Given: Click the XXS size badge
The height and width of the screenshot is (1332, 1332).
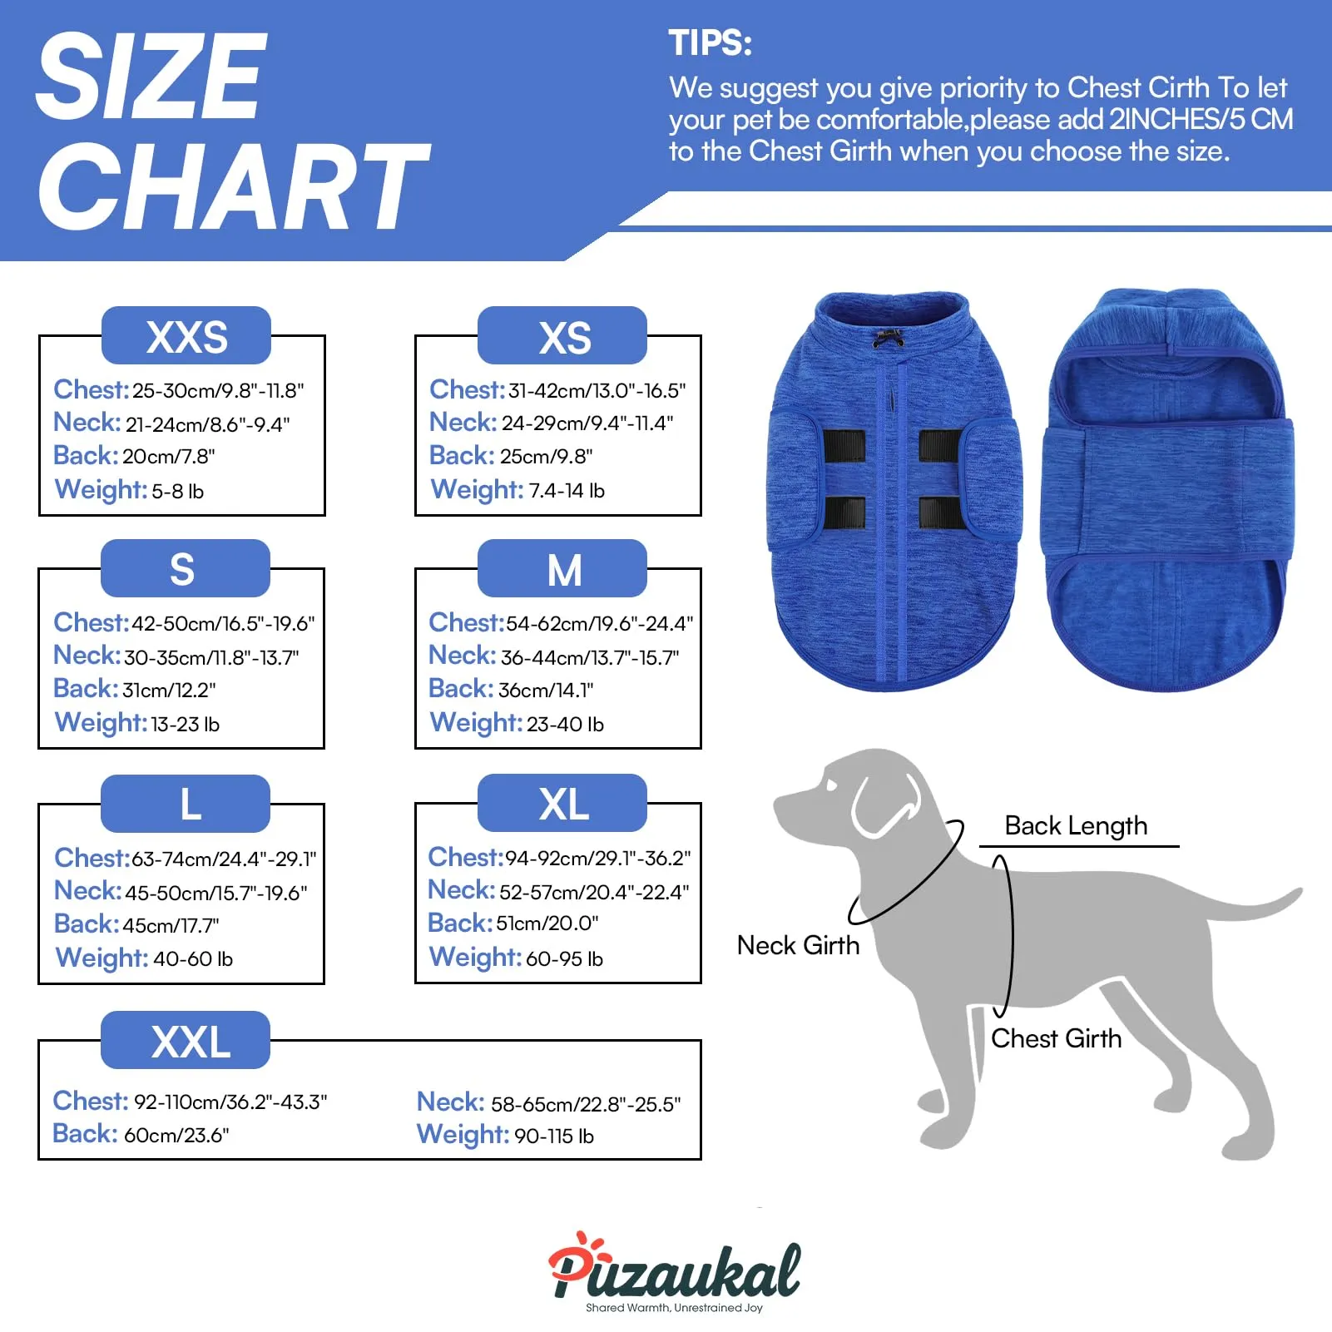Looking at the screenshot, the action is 186,335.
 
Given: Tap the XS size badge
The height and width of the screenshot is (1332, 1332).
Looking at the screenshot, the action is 562,335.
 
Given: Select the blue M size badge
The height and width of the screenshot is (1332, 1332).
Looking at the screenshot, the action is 562,568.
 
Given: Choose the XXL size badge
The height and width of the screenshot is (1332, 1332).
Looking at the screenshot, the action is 186,1040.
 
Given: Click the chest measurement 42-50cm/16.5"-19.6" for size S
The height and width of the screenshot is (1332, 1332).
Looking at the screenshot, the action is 224,624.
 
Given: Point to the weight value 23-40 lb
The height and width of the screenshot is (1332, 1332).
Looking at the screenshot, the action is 565,725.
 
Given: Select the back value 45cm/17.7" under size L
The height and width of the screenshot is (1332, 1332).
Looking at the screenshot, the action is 171,925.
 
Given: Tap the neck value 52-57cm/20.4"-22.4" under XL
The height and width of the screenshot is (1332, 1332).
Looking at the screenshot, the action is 594,892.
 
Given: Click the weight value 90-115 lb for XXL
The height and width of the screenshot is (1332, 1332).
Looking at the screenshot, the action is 554,1136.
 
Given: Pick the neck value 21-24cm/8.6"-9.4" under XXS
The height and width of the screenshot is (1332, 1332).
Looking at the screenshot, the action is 208,424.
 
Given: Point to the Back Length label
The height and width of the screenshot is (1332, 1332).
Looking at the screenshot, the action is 1076,825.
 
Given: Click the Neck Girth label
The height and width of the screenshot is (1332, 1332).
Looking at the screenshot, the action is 798,945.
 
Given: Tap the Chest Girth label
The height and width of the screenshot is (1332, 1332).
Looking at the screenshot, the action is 1056,1038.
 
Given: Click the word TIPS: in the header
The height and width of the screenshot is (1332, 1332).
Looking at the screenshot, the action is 711,43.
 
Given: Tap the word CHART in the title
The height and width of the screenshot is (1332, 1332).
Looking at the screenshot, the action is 233,186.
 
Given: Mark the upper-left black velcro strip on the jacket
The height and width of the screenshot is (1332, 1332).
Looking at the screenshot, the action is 844,447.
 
